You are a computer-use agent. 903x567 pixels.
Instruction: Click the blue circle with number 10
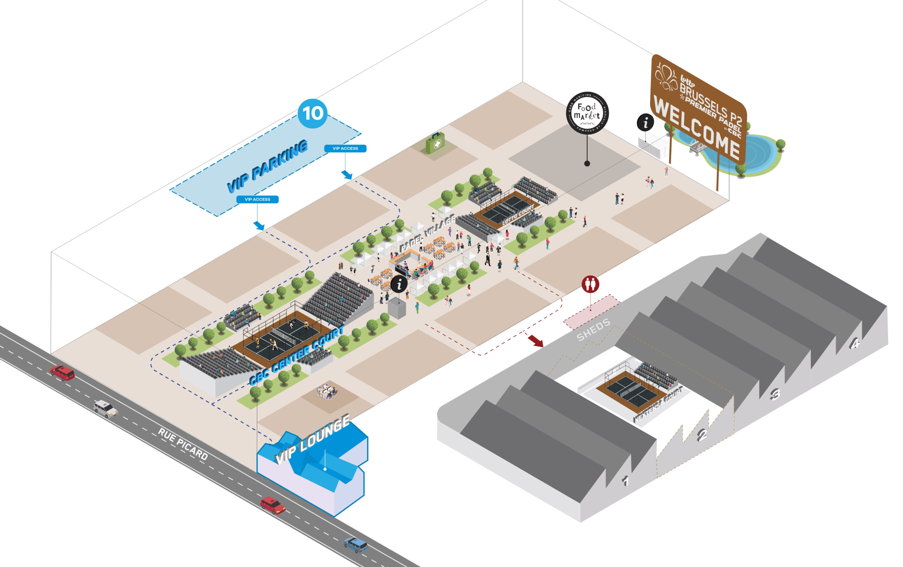click(312, 113)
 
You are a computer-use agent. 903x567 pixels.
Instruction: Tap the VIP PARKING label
click(267, 166)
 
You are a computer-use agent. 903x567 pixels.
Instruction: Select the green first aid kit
click(435, 143)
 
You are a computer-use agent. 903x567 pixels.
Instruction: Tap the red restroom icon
click(590, 284)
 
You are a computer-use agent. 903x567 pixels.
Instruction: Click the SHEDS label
click(593, 330)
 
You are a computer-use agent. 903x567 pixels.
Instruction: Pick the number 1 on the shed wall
click(625, 480)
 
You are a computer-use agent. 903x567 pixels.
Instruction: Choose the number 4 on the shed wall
click(855, 343)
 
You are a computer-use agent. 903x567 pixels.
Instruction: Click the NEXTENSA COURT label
click(658, 405)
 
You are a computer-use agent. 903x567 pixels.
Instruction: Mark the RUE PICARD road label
click(183, 444)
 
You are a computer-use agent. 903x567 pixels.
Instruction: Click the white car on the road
click(105, 408)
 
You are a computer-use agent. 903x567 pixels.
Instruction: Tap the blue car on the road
click(355, 545)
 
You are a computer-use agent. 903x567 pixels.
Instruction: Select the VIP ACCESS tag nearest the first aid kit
click(345, 149)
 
